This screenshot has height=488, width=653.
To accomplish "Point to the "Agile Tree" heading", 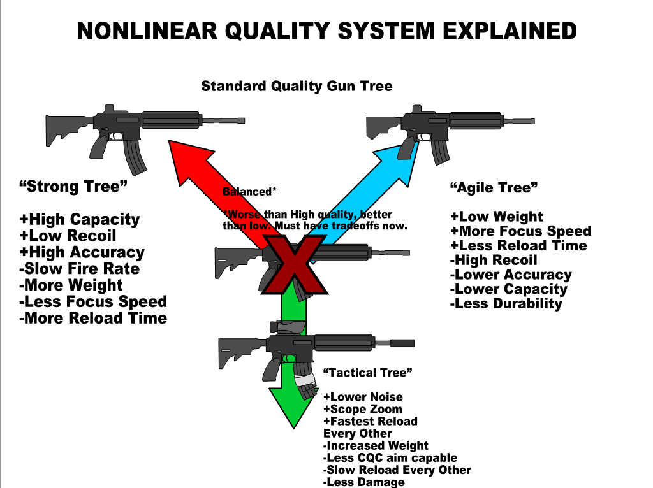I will coord(494,187).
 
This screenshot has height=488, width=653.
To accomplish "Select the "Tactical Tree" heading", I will coord(369,372).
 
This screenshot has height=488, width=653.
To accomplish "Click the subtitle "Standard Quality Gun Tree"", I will coord(297,86).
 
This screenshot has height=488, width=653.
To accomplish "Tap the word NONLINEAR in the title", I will coord(143,31).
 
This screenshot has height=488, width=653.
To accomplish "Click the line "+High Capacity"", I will coord(80,220).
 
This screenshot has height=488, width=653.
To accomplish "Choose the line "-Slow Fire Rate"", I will coord(80,269).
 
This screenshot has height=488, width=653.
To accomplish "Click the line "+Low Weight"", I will coord(497,217).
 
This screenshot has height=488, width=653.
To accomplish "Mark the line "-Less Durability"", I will coord(506,304).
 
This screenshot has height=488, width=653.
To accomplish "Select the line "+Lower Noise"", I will coord(363,397).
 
